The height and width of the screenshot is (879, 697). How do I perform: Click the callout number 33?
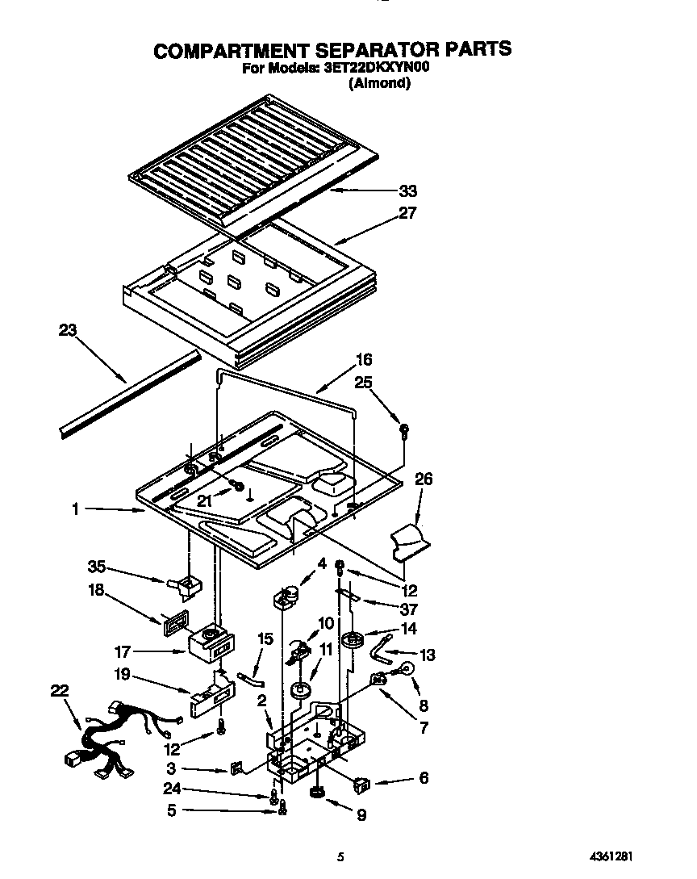408,191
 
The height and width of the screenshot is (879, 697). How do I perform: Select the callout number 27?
408,213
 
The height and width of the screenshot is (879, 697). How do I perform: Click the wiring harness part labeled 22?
105,735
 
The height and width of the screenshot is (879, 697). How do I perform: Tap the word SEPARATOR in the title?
372,50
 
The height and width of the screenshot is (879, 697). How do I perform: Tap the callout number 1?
75,509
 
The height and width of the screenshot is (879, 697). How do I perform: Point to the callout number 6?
424,778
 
